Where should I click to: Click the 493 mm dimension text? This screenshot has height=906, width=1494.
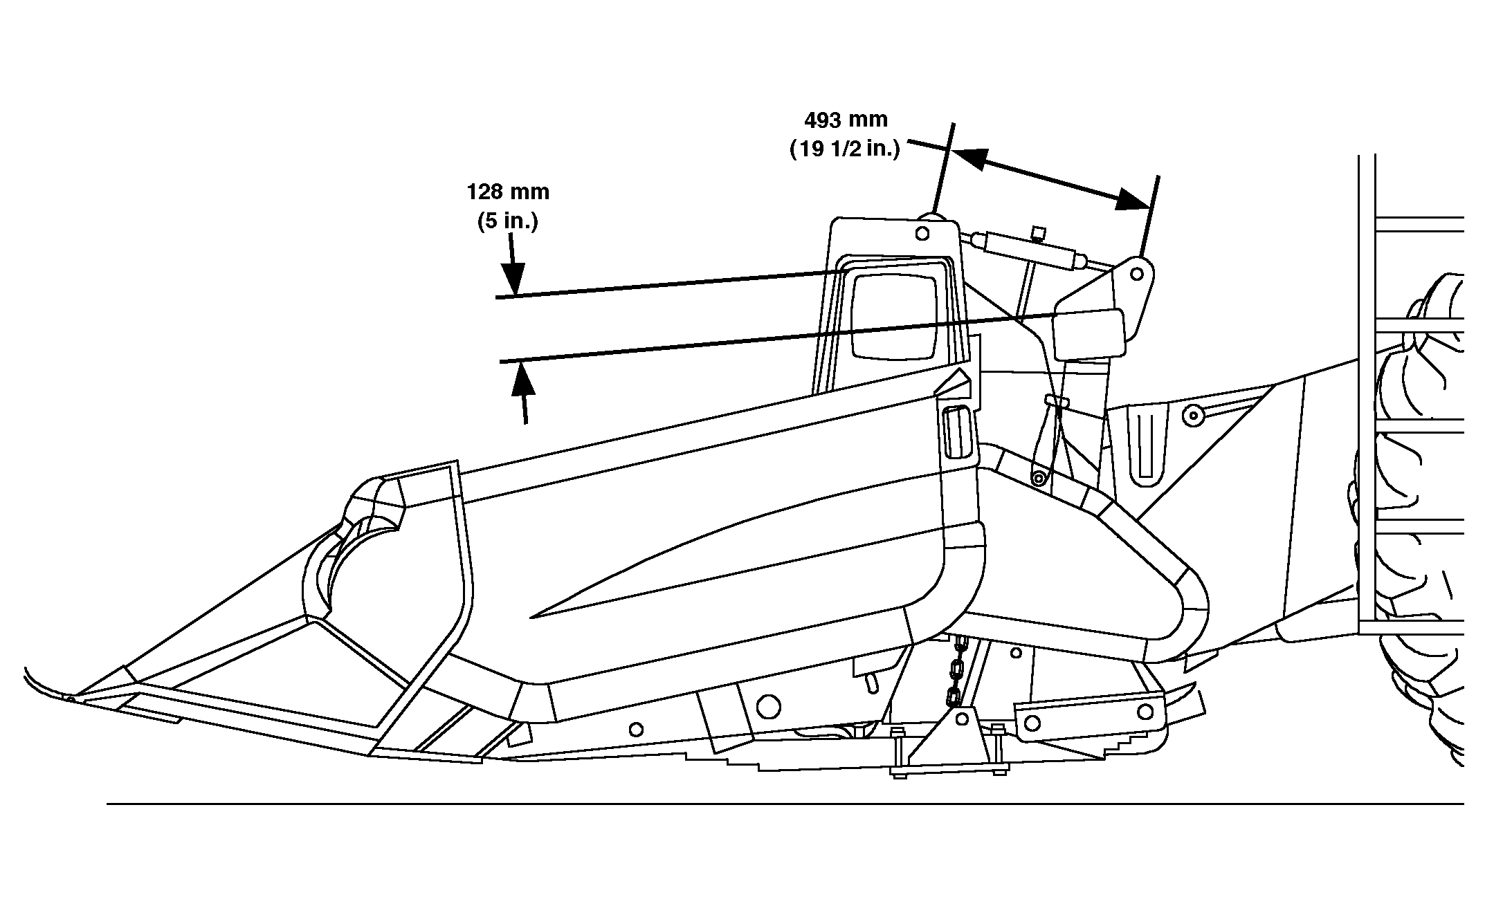[x=845, y=120]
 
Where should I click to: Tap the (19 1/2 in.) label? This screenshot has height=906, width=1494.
[x=845, y=149]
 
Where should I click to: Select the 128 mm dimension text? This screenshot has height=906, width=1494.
[x=508, y=192]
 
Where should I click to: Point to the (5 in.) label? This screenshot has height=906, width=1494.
[x=508, y=221]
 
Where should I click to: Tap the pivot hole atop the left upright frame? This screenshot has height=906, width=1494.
[x=922, y=234]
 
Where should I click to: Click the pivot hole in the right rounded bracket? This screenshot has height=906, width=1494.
[x=1136, y=274]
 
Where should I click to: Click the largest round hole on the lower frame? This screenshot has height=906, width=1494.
[x=768, y=706]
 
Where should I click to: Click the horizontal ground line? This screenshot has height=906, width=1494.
[x=761, y=804]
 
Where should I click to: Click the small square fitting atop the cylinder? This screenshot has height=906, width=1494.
[x=1037, y=232]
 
